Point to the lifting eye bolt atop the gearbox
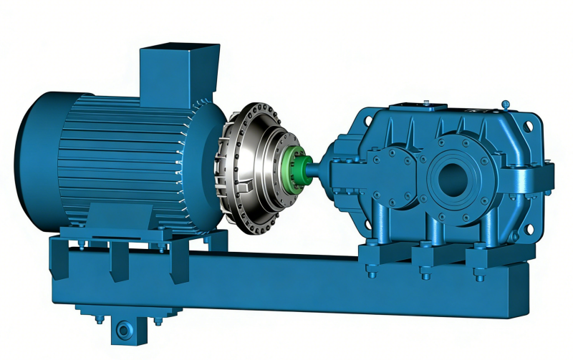click(x=506, y=104)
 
